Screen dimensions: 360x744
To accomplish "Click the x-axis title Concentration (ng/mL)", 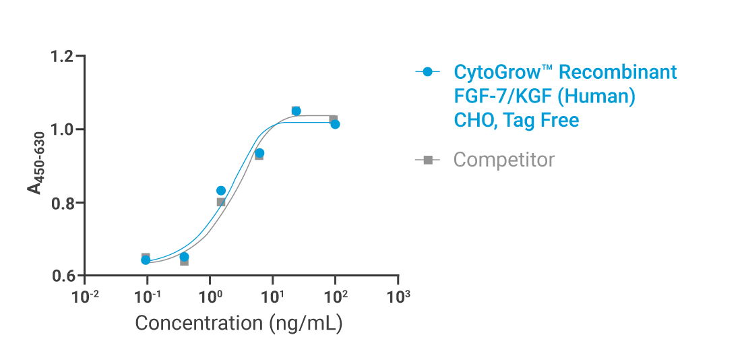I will coord(239,323).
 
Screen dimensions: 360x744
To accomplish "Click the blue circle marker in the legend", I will coord(427,71).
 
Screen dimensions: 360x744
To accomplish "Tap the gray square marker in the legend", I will coord(427,160).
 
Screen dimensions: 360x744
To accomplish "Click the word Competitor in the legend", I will coord(504,160).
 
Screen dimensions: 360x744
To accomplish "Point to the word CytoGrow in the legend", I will coord(499,72).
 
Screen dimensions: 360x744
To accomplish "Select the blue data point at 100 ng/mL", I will coord(336,125).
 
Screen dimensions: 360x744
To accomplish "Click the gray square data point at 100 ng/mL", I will coord(332,119).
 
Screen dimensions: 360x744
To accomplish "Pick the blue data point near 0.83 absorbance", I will coord(221,191).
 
